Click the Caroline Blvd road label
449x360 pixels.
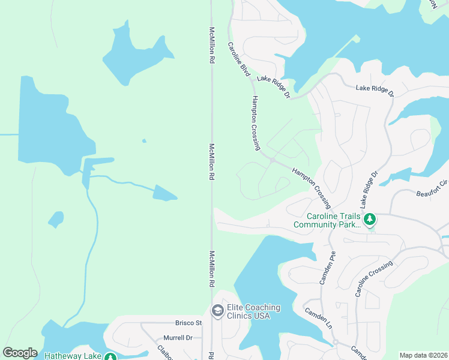(238, 58)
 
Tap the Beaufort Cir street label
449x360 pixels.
(432, 188)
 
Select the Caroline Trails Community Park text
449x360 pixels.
(327, 220)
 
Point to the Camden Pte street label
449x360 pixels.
(325, 268)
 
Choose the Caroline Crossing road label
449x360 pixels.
(373, 278)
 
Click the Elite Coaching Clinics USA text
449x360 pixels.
(254, 311)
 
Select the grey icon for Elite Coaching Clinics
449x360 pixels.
(217, 311)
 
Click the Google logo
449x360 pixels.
(20, 353)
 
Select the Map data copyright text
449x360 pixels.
(423, 355)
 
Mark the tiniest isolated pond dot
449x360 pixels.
(143, 141)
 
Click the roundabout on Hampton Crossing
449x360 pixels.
(272, 160)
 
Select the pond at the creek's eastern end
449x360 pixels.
(164, 193)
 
